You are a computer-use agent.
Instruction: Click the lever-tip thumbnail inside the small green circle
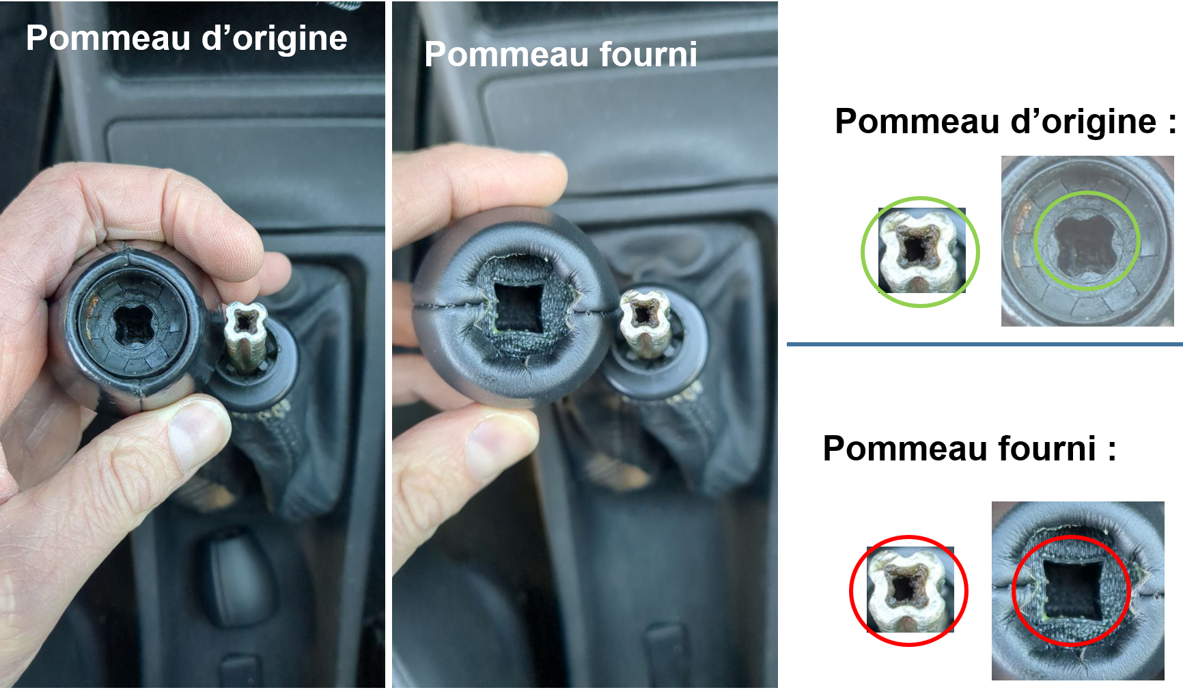921,251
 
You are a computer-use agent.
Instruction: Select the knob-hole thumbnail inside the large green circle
1087,240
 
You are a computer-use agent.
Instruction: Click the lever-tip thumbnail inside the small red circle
910,590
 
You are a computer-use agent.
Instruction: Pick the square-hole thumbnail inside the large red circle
1078,590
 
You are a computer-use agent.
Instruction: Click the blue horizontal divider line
984,344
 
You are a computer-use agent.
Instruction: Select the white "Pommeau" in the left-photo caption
108,38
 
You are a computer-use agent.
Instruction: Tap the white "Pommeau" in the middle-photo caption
506,54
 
